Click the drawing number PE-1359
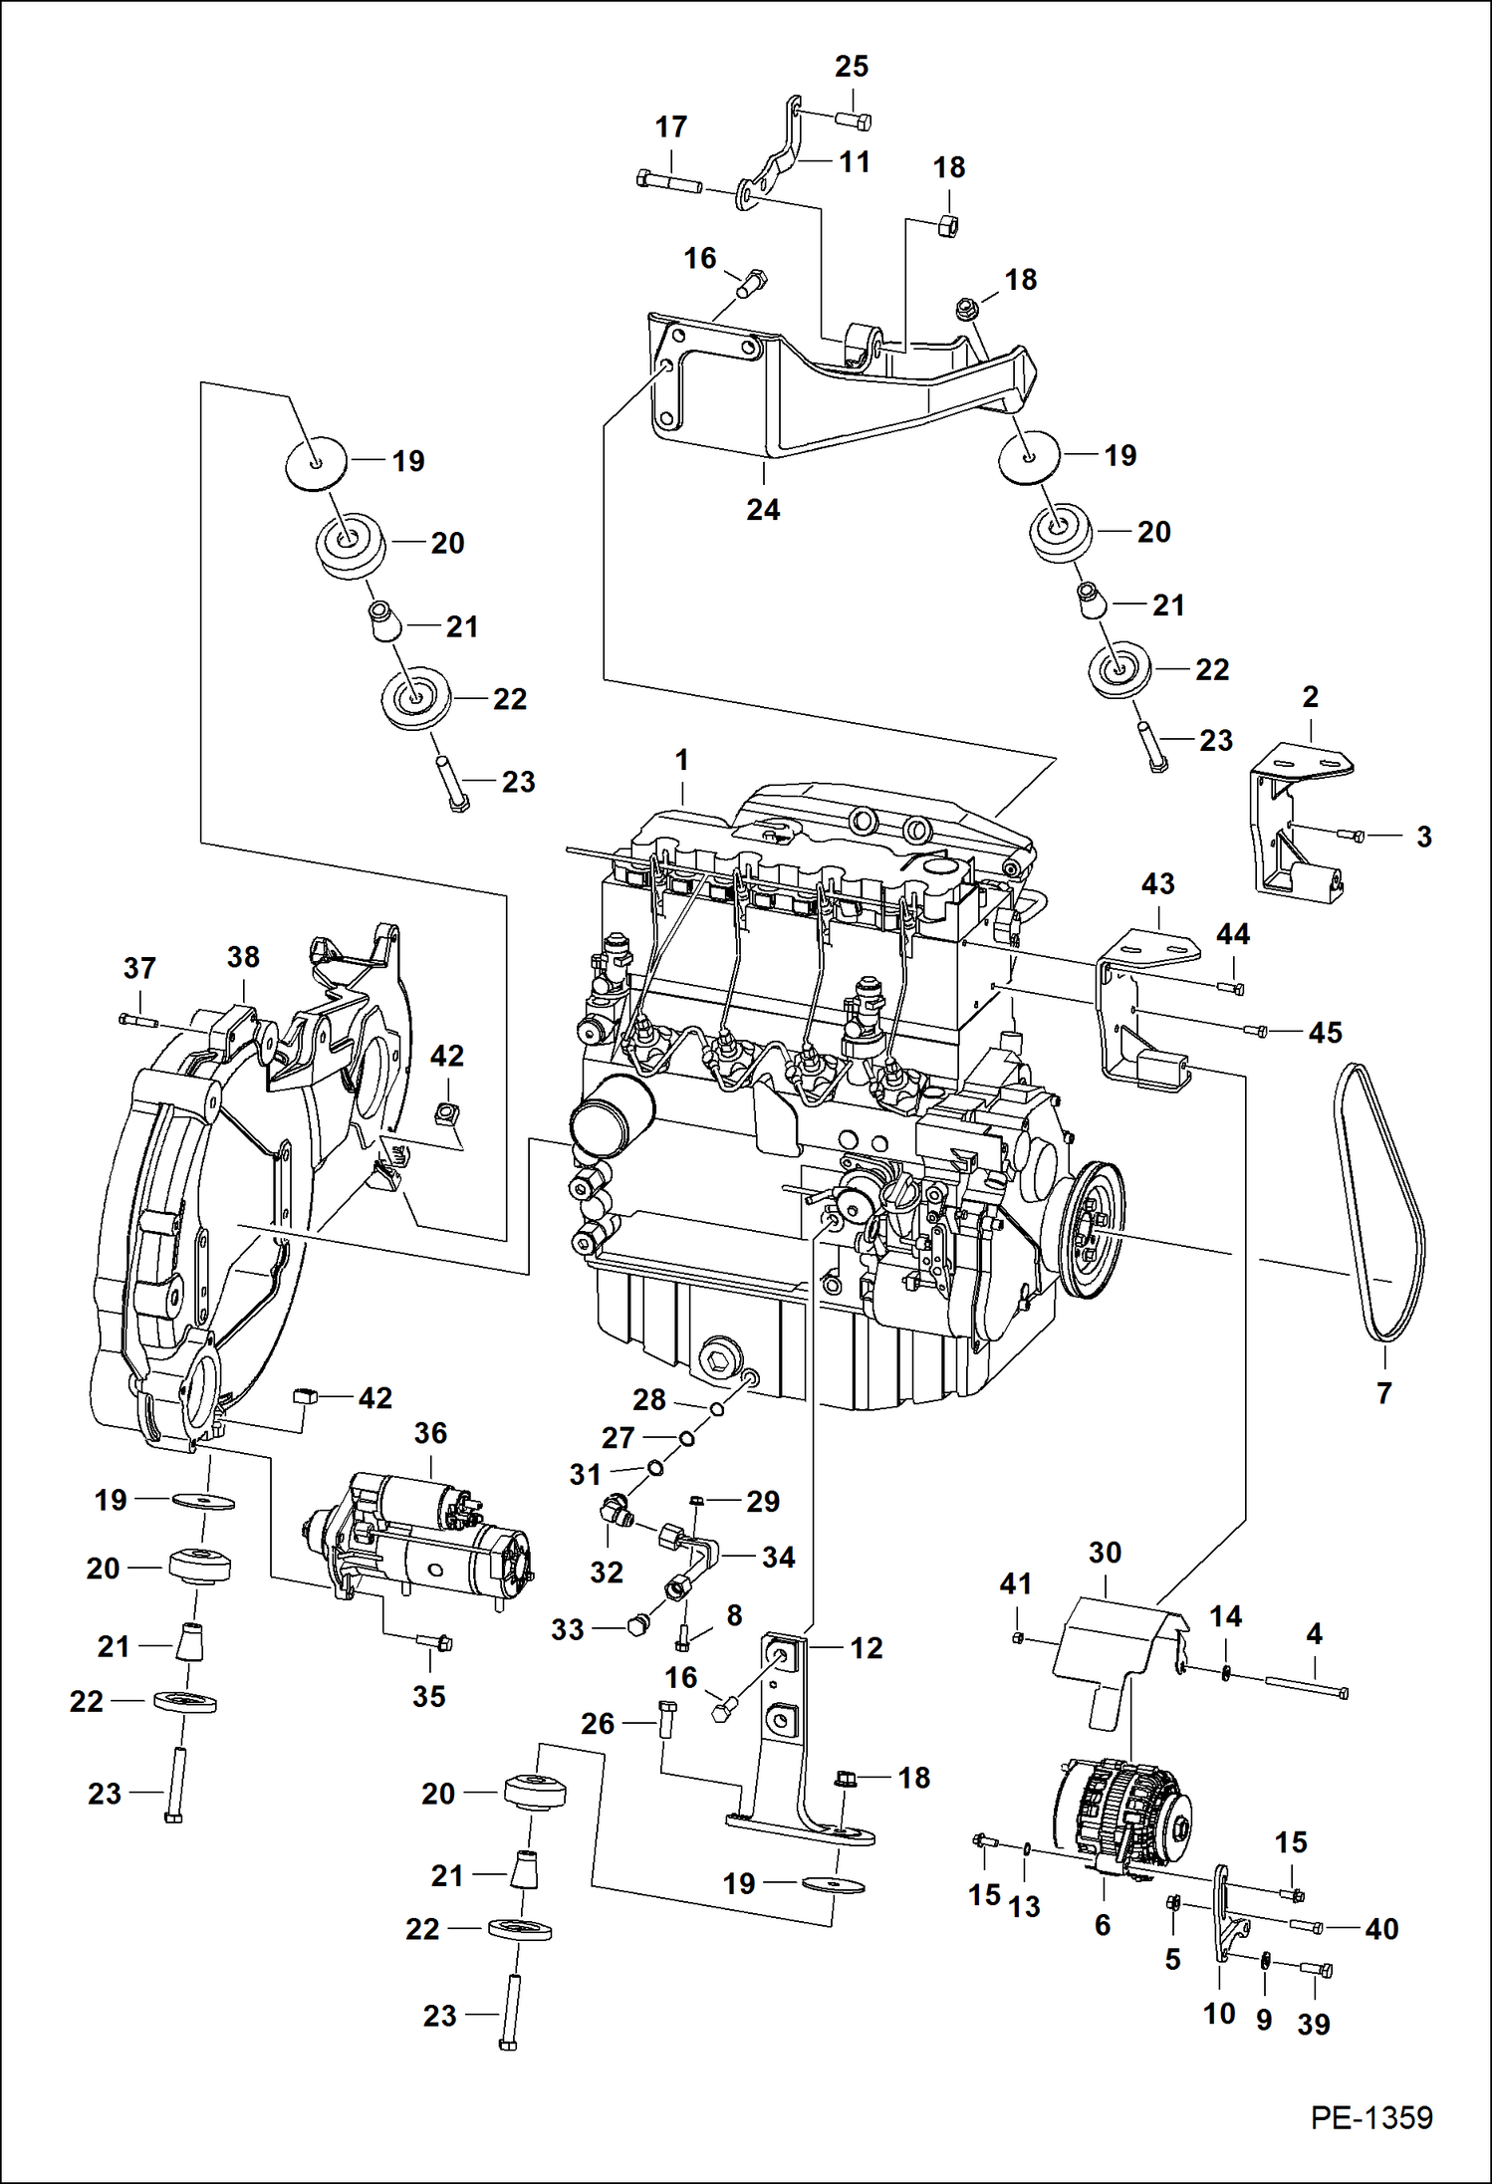coord(1370,2117)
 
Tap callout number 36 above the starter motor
coord(430,1433)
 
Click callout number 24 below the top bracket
coord(763,510)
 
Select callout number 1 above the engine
coord(681,761)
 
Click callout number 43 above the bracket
coord(1157,883)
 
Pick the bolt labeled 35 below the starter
coord(433,1642)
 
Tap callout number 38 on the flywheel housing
coord(243,957)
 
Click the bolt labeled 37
coord(137,1019)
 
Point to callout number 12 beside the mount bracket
coord(866,1648)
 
